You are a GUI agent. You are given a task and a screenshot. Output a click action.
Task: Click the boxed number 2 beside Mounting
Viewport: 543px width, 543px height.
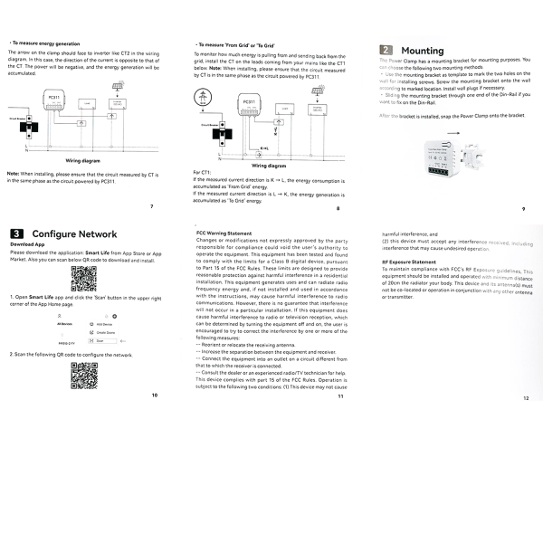[x=386, y=51]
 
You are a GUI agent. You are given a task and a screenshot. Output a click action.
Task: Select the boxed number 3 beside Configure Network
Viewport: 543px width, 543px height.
[x=17, y=233]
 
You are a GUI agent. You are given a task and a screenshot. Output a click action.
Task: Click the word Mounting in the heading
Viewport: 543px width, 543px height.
[x=422, y=52]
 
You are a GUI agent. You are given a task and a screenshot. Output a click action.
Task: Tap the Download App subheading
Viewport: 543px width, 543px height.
[x=28, y=244]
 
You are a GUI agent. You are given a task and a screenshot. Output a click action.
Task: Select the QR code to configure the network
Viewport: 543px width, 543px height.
[x=84, y=373]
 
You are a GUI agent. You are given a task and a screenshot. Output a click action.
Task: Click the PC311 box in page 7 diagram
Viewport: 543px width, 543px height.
[x=52, y=98]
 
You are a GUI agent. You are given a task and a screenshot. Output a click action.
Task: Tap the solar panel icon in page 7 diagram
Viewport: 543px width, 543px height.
[x=118, y=88]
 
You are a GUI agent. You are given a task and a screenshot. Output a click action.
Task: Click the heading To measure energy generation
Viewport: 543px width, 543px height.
[x=49, y=43]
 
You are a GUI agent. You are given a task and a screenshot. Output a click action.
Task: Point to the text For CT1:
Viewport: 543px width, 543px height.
[x=203, y=172]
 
